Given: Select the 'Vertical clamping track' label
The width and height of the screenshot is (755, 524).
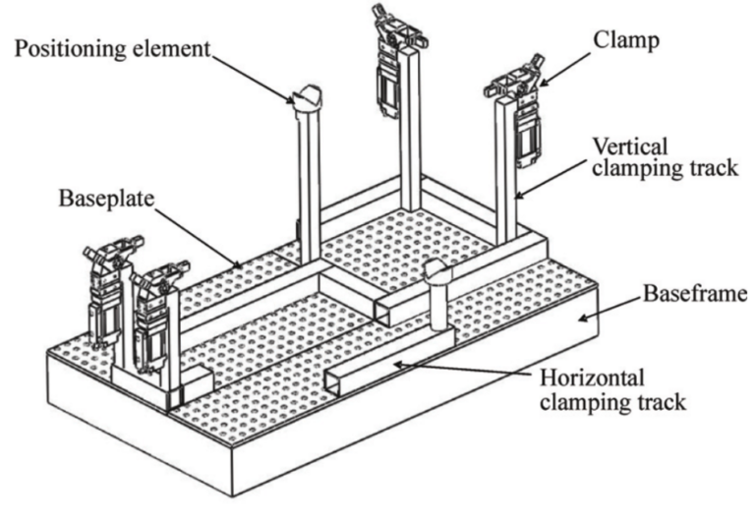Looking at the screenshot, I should click(x=664, y=154).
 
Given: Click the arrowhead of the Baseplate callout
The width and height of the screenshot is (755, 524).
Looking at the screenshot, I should click(x=241, y=264).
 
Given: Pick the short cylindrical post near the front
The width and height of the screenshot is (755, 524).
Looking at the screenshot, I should click(x=436, y=295).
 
